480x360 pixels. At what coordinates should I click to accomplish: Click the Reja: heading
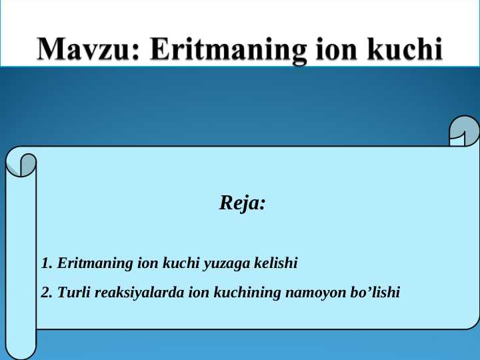[243, 203]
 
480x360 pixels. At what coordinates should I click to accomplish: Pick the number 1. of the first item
[47, 263]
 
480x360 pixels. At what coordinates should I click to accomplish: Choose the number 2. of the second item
[47, 292]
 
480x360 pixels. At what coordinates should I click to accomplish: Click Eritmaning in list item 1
[95, 263]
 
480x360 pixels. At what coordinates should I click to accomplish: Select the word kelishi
[275, 263]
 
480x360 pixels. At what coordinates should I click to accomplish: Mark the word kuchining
[247, 292]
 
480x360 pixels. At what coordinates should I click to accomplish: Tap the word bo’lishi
[374, 292]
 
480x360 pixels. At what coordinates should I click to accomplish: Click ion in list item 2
[199, 292]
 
